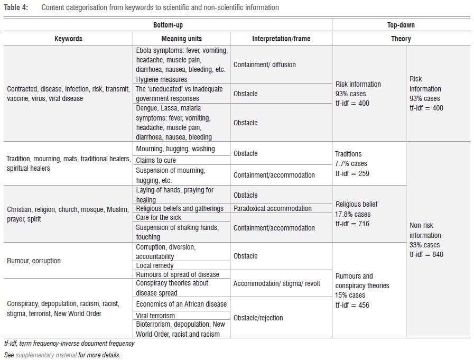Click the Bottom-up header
coord(168,25)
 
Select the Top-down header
coord(401,25)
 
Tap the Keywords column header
coord(69,39)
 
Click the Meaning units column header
coord(181,39)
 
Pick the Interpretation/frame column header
coord(281,39)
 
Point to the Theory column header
coord(401,39)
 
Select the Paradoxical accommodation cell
coord(273,209)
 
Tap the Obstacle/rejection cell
coord(258,318)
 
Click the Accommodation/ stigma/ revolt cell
coord(277,284)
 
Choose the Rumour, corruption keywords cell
coord(34,261)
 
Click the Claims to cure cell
coord(156,161)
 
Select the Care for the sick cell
coord(159,218)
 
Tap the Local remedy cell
coord(155,265)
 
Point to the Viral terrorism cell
coord(155,316)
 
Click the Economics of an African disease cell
coord(181,304)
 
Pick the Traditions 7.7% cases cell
coord(351,163)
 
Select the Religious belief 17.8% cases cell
coord(357,214)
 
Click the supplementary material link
coord(46,355)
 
